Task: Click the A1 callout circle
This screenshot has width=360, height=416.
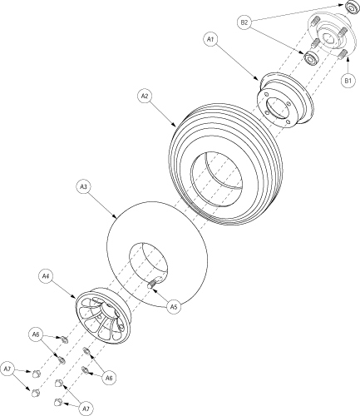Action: (x=210, y=39)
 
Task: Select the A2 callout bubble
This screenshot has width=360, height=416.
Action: (x=145, y=96)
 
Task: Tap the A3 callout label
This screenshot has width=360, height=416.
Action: (x=83, y=187)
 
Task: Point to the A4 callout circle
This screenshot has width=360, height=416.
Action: (x=46, y=276)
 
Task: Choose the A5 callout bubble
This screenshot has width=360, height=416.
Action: (x=174, y=307)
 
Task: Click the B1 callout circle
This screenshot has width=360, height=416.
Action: (x=348, y=81)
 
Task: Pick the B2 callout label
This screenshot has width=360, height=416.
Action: (x=244, y=22)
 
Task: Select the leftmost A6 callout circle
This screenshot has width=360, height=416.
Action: (x=36, y=334)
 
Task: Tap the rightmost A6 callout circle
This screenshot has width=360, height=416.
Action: (x=109, y=378)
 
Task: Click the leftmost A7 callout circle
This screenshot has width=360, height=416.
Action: (x=7, y=369)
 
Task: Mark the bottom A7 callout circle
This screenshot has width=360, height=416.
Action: (x=86, y=409)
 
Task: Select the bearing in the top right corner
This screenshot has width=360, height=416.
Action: (x=353, y=7)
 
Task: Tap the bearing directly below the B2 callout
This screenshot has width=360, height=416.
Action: (x=311, y=58)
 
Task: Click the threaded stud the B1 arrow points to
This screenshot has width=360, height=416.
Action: (x=343, y=53)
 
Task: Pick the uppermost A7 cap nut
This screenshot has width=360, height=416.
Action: (x=37, y=374)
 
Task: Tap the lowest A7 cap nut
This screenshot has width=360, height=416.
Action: (x=58, y=402)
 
